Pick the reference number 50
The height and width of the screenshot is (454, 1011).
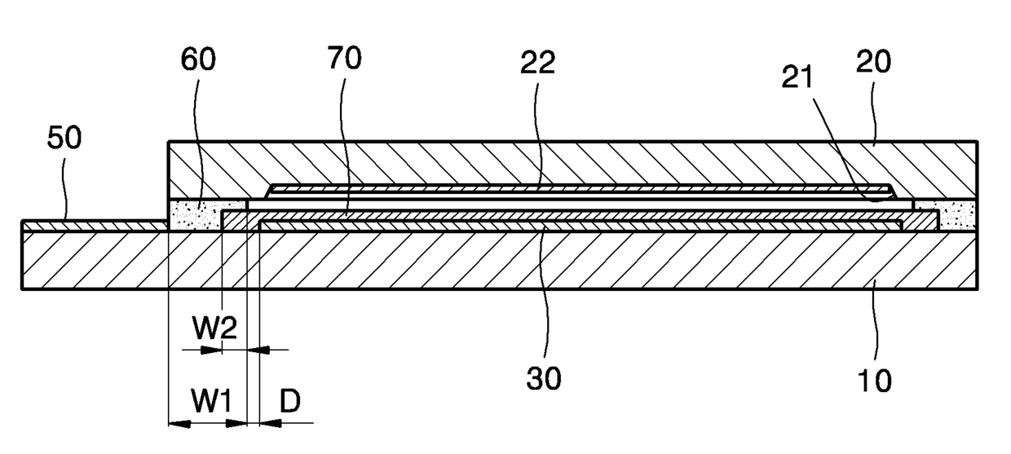pyautogui.click(x=64, y=138)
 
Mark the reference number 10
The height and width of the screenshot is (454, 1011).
pyautogui.click(x=875, y=379)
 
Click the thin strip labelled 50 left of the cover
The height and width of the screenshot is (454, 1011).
pyautogui.click(x=90, y=225)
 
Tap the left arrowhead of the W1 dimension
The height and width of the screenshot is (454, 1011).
pyautogui.click(x=175, y=424)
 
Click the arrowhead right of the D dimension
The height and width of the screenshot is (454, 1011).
pyautogui.click(x=267, y=424)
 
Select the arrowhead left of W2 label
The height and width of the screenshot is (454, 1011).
pyautogui.click(x=214, y=350)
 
